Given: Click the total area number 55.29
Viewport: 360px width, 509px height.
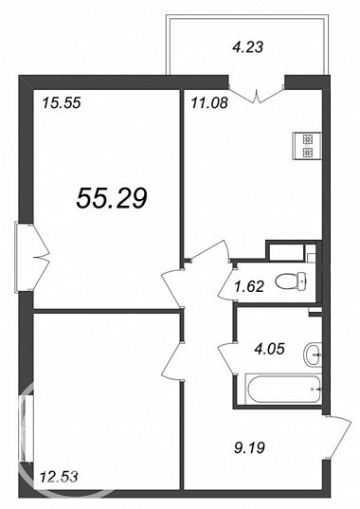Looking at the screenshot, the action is (112, 198).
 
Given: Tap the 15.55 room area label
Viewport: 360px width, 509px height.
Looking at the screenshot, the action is (62, 103).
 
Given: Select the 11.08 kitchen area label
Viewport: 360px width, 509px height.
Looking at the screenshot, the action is (209, 103).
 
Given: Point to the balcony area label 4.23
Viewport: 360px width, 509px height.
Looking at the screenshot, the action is (247, 47).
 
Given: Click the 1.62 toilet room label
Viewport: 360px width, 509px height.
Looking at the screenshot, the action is (250, 286).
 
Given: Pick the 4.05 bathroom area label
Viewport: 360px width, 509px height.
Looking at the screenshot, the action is (269, 350).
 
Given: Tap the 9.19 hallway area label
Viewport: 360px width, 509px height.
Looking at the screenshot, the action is (249, 448).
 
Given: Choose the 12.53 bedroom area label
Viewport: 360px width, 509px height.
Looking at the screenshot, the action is (59, 477).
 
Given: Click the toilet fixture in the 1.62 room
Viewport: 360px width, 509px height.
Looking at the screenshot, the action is (291, 281).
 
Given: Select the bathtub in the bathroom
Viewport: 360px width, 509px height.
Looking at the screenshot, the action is (283, 389).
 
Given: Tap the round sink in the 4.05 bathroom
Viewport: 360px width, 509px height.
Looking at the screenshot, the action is (313, 354).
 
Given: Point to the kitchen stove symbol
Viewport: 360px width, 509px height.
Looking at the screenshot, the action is (307, 146).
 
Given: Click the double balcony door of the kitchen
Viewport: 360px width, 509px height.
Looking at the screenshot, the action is (257, 94).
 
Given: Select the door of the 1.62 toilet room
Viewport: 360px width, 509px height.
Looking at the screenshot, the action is (226, 282).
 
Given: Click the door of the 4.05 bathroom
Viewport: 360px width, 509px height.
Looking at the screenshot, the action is (227, 358).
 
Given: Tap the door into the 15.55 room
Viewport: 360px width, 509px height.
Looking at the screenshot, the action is (172, 288).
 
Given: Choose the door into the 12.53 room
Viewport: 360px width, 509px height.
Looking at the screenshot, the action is (172, 361).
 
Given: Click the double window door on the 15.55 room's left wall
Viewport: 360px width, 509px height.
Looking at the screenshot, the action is (32, 258).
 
